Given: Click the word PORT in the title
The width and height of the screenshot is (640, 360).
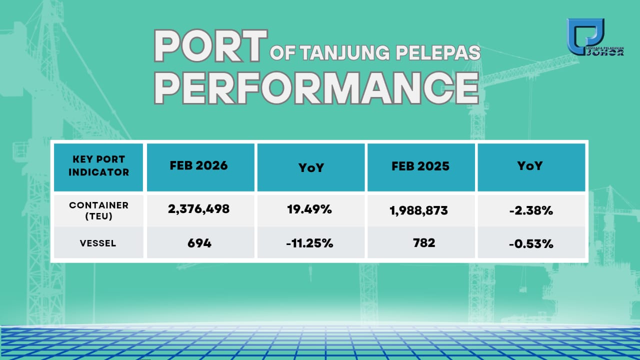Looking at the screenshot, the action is coord(210,45).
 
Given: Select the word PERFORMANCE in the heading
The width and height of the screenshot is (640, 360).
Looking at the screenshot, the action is coord(316,88).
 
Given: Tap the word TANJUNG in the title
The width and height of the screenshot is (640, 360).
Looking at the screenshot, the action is coord(345,53).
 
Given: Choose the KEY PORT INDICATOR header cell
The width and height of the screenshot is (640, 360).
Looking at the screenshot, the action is coord(98,167).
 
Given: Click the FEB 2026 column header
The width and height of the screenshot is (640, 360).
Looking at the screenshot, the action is coord(200,167).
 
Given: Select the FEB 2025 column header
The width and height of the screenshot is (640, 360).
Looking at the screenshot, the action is coord(421,167).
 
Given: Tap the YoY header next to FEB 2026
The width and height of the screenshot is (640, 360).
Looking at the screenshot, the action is coord(311,167).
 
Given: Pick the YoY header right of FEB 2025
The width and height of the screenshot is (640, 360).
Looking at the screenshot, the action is coord(531,167).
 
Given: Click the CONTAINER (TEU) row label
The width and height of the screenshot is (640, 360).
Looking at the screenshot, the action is coord(98,210).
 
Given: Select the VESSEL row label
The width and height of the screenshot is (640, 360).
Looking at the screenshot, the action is coord(98,243).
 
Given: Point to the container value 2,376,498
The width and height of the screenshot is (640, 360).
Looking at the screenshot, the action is coord(198,209).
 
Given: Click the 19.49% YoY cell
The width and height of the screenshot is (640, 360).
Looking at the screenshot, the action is coord(309,209).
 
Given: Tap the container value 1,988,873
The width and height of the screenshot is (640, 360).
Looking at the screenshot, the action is coord(418,210).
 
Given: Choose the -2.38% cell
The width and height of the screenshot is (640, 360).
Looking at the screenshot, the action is coord(531,210).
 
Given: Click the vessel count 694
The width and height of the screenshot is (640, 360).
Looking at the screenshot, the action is coord(199,243).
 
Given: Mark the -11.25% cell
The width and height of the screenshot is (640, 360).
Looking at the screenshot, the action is coord(309,243).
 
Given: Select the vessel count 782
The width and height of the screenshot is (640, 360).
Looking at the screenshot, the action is coord(424,243).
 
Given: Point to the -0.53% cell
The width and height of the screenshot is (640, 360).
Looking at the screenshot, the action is coord(531,243).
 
